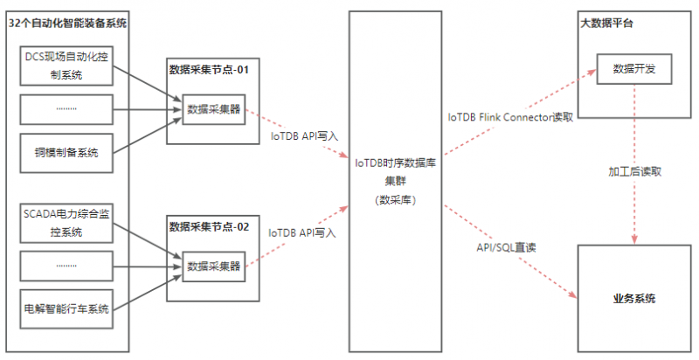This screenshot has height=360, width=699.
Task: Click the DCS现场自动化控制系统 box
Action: pyautogui.click(x=66, y=65)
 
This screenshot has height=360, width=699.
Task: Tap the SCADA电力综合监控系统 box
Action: pyautogui.click(x=66, y=222)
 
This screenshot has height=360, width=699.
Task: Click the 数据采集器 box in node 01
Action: pyautogui.click(x=214, y=108)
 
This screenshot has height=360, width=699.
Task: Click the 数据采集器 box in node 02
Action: pyautogui.click(x=214, y=264)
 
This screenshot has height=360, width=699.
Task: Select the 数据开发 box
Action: pyautogui.click(x=635, y=68)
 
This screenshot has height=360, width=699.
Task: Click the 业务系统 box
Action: pyautogui.click(x=634, y=299)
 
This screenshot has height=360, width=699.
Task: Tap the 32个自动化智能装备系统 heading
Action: pyautogui.click(x=67, y=23)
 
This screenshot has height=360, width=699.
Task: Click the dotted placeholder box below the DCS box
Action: pyautogui.click(x=66, y=109)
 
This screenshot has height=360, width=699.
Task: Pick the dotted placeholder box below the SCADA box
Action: pyautogui.click(x=66, y=265)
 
